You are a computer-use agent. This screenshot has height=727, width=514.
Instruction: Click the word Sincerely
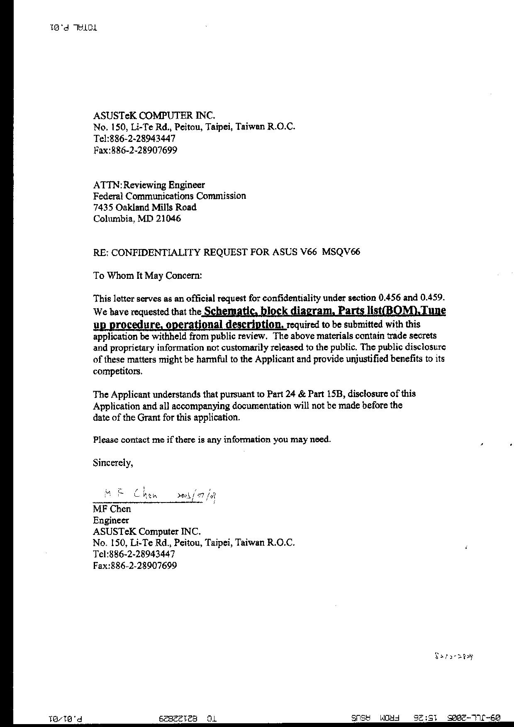pyautogui.click(x=113, y=463)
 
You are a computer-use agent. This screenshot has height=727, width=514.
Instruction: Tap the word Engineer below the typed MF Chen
pyautogui.click(x=111, y=520)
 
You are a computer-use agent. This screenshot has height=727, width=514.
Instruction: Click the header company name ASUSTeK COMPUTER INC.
pyautogui.click(x=154, y=115)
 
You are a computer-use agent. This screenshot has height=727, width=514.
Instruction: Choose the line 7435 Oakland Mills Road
pyautogui.click(x=145, y=207)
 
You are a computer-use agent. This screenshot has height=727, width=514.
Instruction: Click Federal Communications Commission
pyautogui.click(x=169, y=196)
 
